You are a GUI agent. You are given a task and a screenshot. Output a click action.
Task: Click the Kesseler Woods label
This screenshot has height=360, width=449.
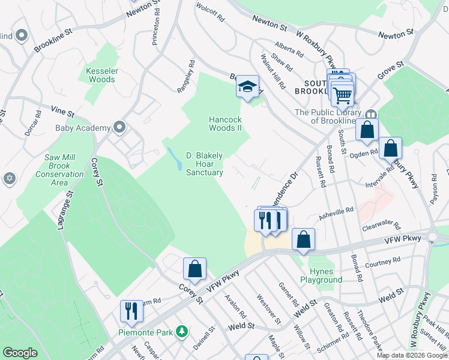(101, 74)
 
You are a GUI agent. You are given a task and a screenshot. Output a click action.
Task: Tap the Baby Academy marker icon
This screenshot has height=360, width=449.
(119, 127)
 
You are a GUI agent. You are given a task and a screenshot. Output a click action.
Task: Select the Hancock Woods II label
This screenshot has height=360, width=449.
(224, 124)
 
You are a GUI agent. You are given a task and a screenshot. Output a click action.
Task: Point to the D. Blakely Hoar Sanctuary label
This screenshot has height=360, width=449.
(204, 164)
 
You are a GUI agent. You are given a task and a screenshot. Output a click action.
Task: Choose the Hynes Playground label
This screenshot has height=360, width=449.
(321, 275)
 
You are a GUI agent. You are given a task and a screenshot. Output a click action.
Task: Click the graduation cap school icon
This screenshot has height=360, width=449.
(247, 86)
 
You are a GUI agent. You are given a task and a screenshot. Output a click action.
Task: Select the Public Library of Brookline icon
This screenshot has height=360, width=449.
(371, 115)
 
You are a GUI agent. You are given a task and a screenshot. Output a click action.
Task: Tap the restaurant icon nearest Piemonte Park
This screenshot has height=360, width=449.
(131, 311)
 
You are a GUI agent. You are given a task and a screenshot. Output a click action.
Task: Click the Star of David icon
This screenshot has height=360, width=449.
(9, 178)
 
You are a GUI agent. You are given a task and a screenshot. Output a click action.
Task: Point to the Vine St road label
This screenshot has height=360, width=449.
(62, 112)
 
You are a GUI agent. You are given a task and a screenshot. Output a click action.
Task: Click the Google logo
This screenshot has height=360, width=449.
(20, 353)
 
